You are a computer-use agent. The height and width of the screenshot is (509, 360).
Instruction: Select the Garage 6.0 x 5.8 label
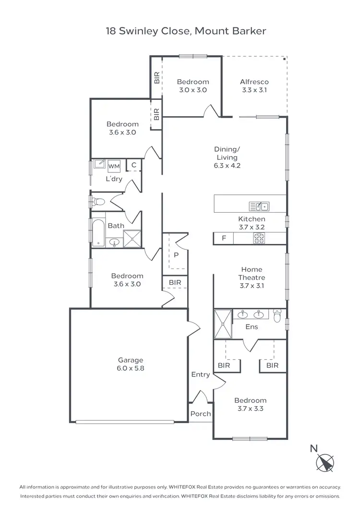point(131,364)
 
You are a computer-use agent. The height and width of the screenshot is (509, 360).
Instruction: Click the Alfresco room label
point(254,85)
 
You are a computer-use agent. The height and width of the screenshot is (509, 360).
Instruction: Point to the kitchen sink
point(259,206)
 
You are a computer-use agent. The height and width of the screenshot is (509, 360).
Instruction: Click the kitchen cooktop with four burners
point(259,238)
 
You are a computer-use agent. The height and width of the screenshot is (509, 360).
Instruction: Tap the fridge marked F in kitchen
point(224,238)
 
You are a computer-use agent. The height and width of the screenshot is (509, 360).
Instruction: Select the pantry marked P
point(176,255)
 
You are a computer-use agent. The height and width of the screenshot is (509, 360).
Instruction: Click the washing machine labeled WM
point(114,166)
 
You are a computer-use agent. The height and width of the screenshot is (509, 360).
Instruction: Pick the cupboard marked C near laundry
point(134,165)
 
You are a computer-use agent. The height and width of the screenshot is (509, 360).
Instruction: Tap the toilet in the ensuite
point(278,315)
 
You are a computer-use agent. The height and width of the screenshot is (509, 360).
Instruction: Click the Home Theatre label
point(252,278)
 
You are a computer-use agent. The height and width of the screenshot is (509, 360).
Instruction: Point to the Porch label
point(201,414)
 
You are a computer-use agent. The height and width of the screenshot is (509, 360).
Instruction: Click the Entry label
point(201,375)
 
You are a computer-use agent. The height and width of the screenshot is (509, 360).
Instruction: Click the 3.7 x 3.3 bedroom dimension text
point(251,409)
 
